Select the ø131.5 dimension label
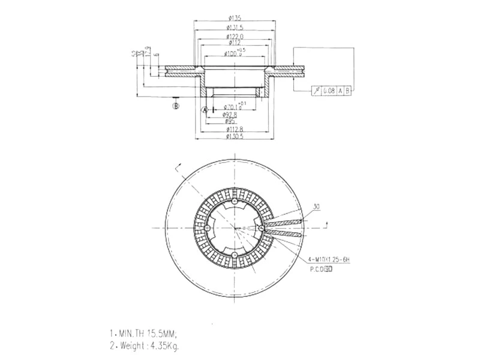(233, 28)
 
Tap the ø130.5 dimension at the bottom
(233, 137)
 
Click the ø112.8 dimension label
(233, 129)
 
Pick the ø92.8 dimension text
(231, 115)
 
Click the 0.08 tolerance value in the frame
(329, 91)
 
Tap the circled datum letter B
(176, 106)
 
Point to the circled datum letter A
(205, 110)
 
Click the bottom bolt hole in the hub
(233, 256)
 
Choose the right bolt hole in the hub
(261, 228)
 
